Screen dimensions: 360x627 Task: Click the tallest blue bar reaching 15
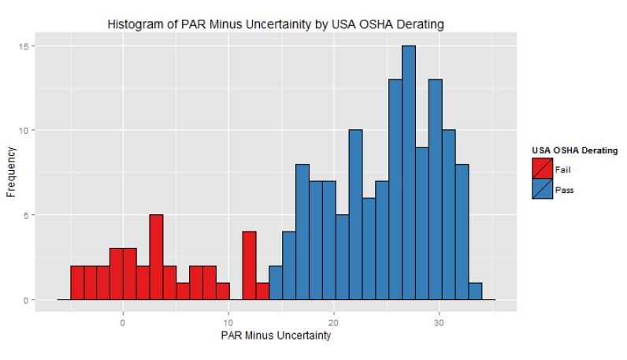coord(408,173)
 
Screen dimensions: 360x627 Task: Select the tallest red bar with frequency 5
coord(156,258)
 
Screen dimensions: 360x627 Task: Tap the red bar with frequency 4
coord(249,265)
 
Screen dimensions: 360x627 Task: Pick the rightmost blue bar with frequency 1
coord(475,291)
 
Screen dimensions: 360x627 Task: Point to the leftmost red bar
coord(76,283)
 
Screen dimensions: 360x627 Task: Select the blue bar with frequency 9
coord(421,224)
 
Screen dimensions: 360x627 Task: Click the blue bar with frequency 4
coord(289,265)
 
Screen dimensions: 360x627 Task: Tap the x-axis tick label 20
coord(334,322)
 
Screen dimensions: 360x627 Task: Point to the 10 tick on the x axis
coord(228,322)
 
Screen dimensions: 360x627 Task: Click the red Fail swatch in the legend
coord(542,169)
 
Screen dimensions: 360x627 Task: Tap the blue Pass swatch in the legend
coord(542,189)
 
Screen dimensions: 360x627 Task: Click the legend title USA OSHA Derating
coord(574,150)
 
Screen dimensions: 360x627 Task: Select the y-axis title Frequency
coord(11,173)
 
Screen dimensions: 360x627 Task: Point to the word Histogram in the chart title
coord(132,25)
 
